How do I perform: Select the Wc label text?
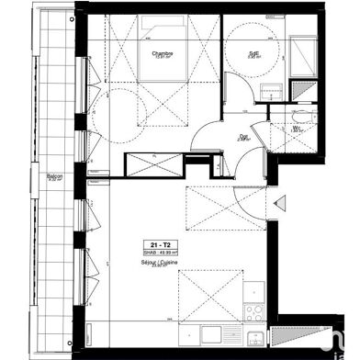point(296,128)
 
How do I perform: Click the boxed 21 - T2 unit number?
point(148,244)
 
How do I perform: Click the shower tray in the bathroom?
point(299,51)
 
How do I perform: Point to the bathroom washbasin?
point(271,89)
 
